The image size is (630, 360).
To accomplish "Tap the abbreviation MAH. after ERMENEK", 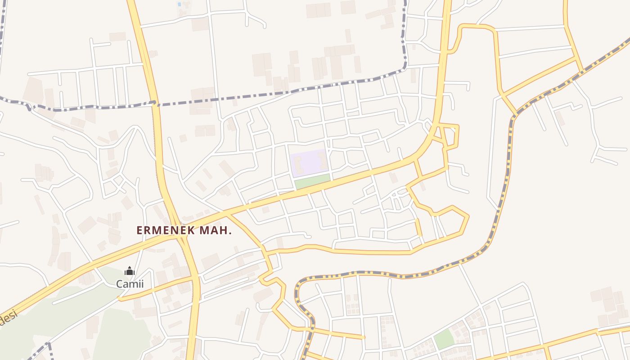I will (x=216, y=230).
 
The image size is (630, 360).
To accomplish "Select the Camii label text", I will (x=130, y=284).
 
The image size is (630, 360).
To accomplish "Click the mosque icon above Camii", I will (x=130, y=271).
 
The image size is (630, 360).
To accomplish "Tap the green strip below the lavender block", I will (x=312, y=181).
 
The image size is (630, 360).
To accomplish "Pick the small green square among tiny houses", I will (x=444, y=339).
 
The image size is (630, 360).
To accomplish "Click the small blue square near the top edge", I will (x=179, y=4).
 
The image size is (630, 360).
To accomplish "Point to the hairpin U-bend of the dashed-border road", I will (x=298, y=288).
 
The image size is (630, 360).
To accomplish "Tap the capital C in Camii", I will (x=120, y=284).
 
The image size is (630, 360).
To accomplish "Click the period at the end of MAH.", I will (x=230, y=233).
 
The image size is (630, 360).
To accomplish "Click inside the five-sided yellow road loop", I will (x=450, y=223).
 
